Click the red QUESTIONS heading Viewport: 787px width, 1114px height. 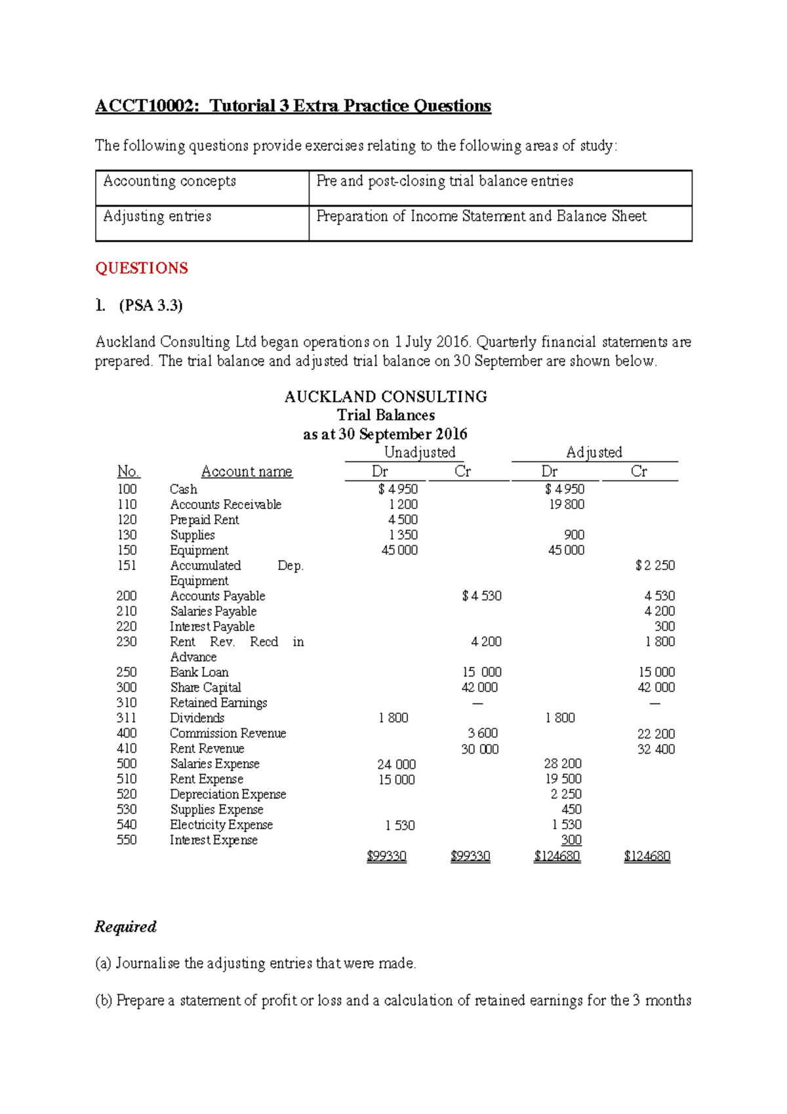coord(142,268)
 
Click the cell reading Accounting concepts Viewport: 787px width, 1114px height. coord(169,181)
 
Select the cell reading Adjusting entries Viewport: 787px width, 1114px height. coord(157,217)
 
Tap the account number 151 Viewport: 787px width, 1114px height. coord(127,566)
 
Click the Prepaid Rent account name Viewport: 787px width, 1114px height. coord(204,520)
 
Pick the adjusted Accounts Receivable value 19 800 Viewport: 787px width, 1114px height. coord(567,505)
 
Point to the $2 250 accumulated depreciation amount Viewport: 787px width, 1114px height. coord(655,566)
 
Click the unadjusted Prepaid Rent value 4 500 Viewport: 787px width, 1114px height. coord(402,520)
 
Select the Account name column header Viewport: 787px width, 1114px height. coord(247,472)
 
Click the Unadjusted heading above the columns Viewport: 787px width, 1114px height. coord(419,453)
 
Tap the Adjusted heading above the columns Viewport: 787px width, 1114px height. coord(594,453)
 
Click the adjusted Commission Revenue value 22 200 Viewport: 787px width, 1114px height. coord(656,734)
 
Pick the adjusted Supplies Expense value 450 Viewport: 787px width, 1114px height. coord(571,810)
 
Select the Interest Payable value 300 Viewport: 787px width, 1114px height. coord(664,627)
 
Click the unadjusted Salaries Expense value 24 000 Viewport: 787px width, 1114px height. coord(396,764)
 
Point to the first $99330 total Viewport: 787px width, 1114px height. coord(386,856)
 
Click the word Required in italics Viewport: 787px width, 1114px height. coord(125,927)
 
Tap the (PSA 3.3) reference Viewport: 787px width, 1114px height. coord(150,305)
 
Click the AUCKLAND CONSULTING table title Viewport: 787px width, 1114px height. coord(386,397)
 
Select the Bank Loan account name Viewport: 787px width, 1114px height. coord(199,672)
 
